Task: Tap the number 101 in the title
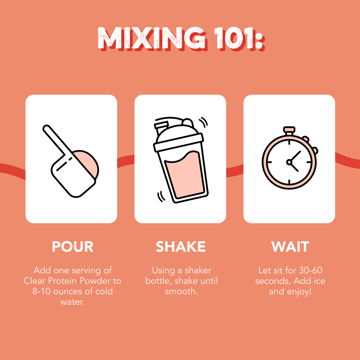coord(236,38)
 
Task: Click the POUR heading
coord(72,247)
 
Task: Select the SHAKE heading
coord(181,247)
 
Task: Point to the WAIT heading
coord(290,247)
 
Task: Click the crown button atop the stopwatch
coord(289,130)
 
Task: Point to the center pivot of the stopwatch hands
coord(289,162)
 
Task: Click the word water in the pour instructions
coord(72,302)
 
